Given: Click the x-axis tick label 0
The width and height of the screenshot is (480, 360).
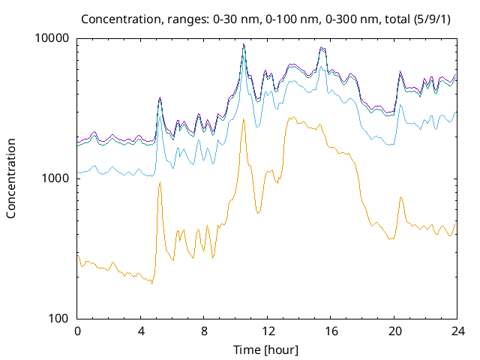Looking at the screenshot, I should pyautogui.click(x=77, y=331).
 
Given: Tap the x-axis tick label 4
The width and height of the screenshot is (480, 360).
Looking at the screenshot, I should pyautogui.click(x=141, y=331).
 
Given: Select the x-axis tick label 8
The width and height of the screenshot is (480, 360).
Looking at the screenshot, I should pyautogui.click(x=204, y=331).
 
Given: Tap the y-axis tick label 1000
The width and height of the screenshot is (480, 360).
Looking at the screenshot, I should pyautogui.click(x=57, y=178).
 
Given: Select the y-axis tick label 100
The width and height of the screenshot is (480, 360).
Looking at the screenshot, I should pyautogui.click(x=60, y=319).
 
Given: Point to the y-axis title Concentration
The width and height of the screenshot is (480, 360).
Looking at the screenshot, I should pyautogui.click(x=11, y=178).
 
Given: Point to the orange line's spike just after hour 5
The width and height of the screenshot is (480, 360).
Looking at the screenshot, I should pyautogui.click(x=159, y=183).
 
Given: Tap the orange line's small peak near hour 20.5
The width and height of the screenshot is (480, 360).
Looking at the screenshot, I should pyautogui.click(x=401, y=197).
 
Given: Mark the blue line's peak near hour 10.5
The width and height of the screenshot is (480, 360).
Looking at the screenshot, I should pyautogui.click(x=244, y=55).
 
